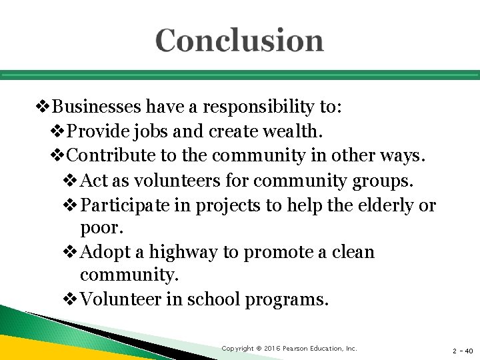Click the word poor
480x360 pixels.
coord(101,228)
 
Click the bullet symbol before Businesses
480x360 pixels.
coord(42,107)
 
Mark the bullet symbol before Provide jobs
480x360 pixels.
coord(58,131)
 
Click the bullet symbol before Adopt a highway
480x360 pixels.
coord(71,253)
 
